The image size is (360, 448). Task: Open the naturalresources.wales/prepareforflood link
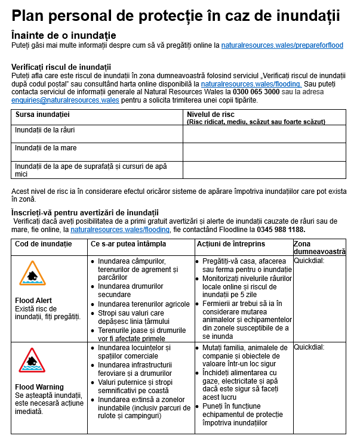coord(282,45)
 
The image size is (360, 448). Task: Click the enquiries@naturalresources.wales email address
coord(65,100)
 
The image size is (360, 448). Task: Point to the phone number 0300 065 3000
coord(256,92)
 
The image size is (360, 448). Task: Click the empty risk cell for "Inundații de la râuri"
coord(264,134)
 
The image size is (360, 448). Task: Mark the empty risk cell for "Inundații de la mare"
coord(264,152)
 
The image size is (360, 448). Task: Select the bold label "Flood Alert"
coord(33,300)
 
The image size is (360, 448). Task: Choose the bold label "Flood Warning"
coord(39,387)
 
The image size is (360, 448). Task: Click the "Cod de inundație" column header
coord(43,244)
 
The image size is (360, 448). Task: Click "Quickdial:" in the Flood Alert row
coord(309,261)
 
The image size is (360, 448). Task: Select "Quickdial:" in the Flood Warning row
coord(309,347)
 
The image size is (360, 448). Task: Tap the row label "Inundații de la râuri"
coord(45,129)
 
